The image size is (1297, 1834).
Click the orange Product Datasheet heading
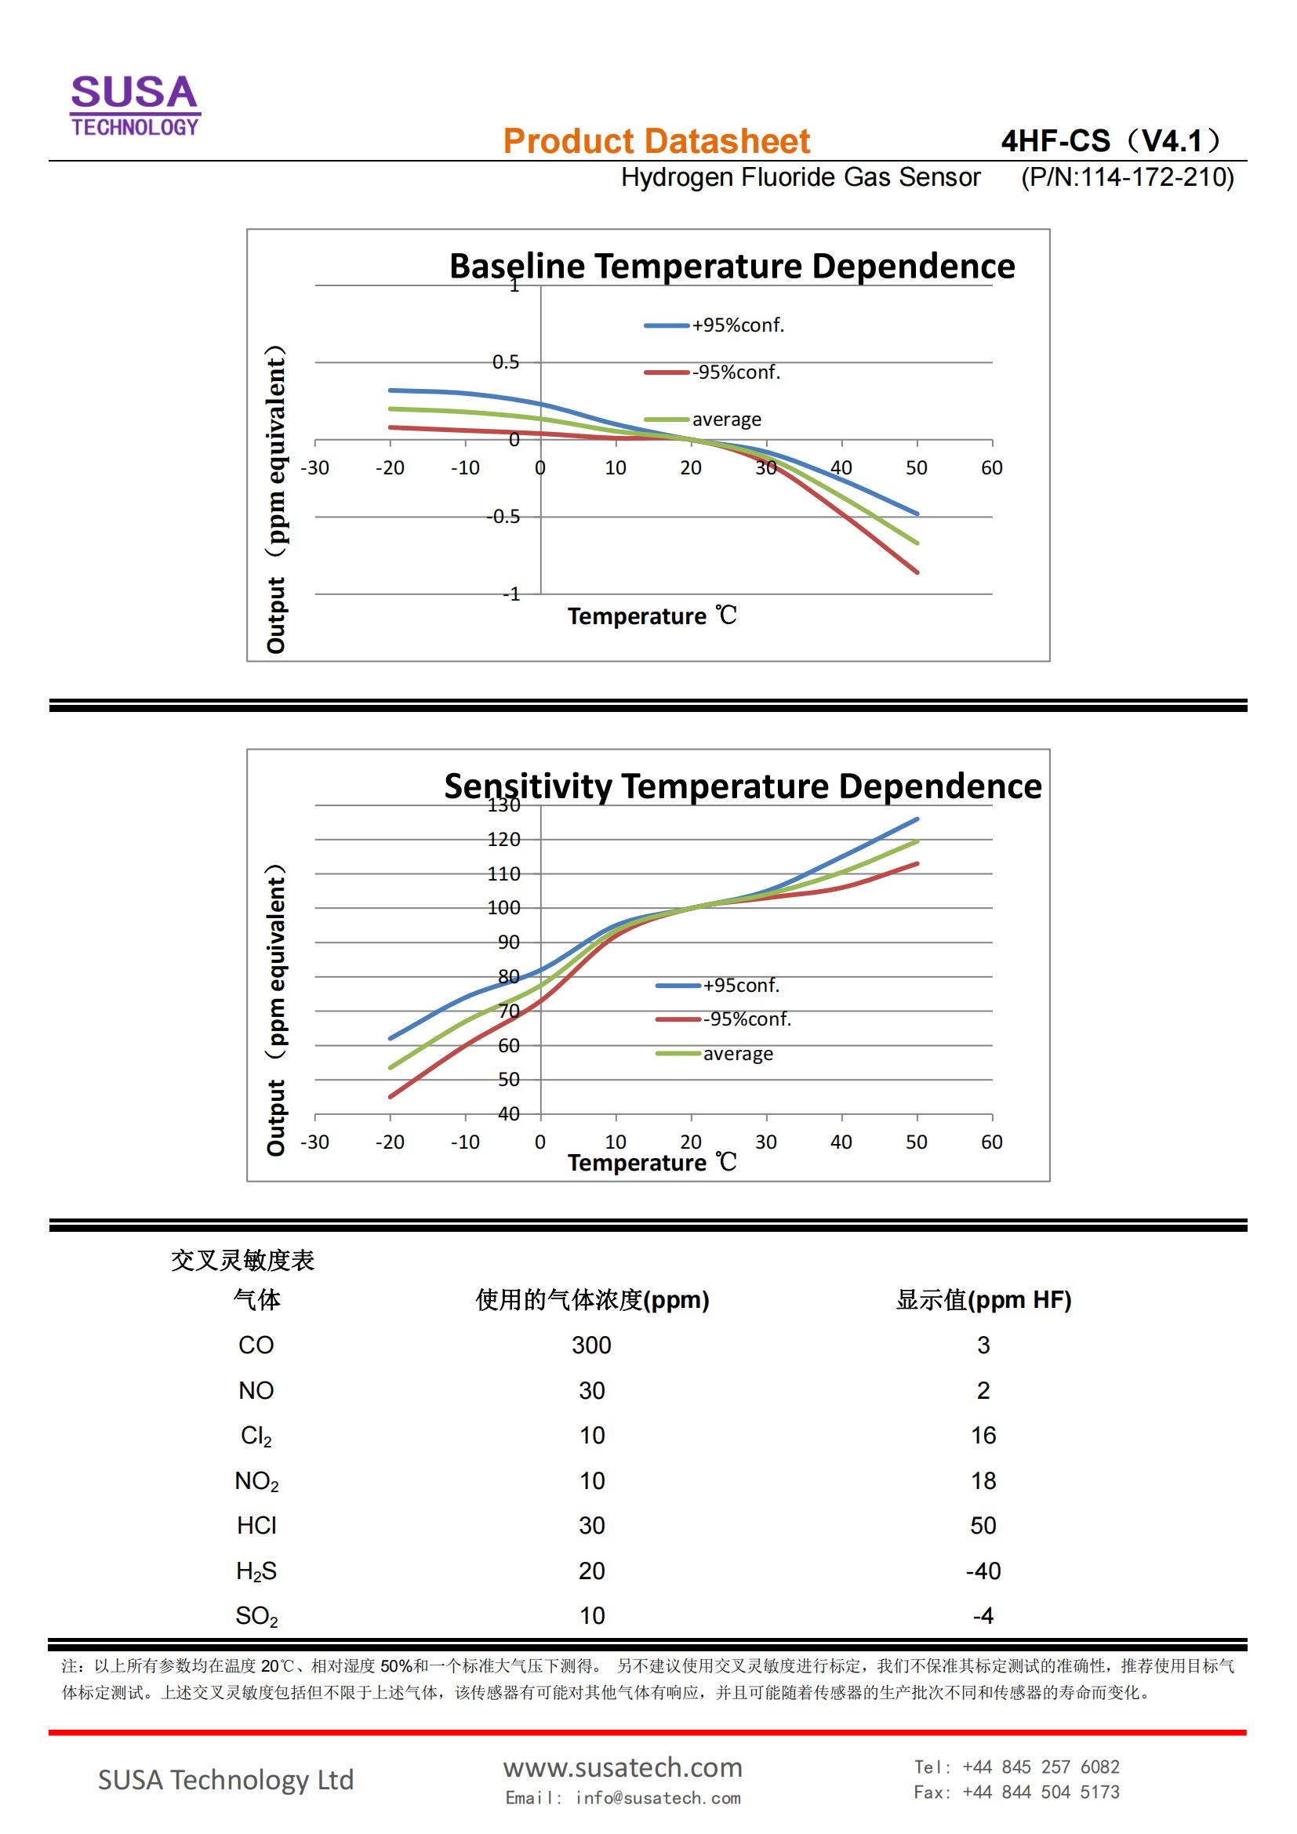(x=656, y=141)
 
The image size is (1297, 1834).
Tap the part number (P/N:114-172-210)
(x=1127, y=177)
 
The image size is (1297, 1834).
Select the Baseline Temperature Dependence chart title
(x=732, y=266)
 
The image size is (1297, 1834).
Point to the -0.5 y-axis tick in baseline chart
(x=504, y=517)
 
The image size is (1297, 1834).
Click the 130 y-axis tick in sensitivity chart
(x=504, y=805)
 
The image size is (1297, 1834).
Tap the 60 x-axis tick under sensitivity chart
(x=991, y=1142)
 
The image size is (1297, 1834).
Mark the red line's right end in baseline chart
(x=917, y=572)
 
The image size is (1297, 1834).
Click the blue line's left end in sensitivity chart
(x=391, y=1038)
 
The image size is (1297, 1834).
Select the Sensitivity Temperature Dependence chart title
(x=742, y=786)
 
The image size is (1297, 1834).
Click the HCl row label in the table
(x=256, y=1526)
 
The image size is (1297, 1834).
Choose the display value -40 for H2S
(x=983, y=1571)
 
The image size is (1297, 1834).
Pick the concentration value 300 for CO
(x=591, y=1346)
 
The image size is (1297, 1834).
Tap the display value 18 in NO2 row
(x=983, y=1481)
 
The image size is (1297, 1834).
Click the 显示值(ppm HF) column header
(x=983, y=1300)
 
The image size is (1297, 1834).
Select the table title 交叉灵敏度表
(x=243, y=1261)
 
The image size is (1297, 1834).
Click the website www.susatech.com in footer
(x=622, y=1767)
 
